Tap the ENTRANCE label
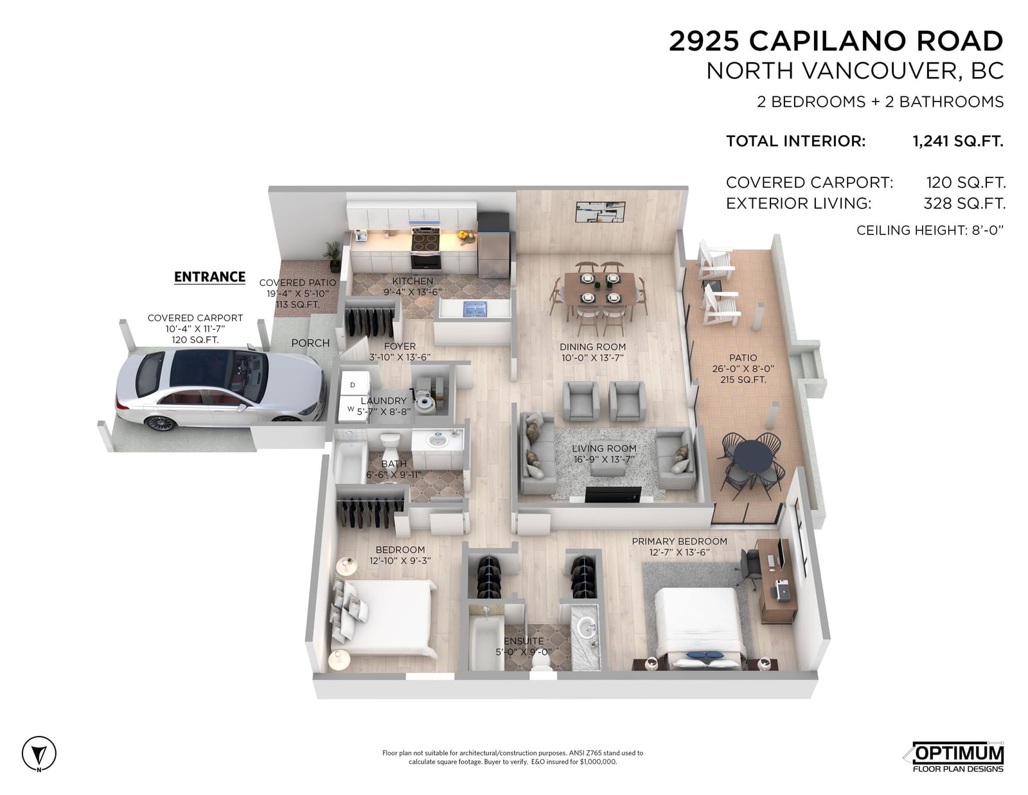coord(209,277)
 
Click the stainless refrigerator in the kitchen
coord(493,245)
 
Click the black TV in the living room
coord(613,494)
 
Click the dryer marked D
coord(353,384)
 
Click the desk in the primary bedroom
coord(776,580)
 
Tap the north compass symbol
coord(39,753)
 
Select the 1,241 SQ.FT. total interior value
coord(958,141)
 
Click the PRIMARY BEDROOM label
coord(679,541)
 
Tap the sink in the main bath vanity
coord(437,441)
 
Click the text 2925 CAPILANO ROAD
coord(836,40)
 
